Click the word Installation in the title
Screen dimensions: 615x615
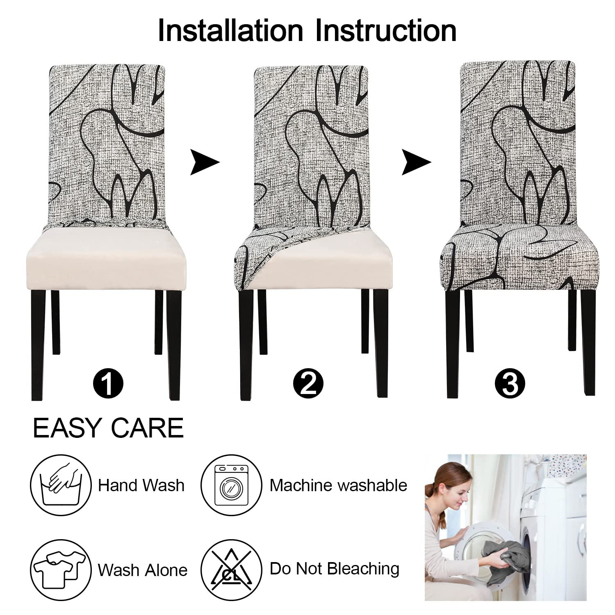point(230,30)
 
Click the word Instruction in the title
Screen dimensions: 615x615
point(385,30)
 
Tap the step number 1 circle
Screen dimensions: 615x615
point(108,383)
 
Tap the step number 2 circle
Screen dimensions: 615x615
point(308,383)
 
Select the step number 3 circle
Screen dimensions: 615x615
point(510,383)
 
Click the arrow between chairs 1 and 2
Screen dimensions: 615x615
point(204,162)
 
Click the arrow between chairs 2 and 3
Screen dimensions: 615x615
point(416,162)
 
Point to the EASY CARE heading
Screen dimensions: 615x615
point(108,428)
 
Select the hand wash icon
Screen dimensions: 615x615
point(61,485)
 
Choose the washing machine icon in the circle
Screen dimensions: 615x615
point(231,485)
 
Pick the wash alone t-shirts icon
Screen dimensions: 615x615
point(61,569)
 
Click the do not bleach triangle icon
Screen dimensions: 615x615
point(231,569)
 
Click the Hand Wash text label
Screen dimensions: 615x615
point(141,485)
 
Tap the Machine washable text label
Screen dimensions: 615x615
point(339,485)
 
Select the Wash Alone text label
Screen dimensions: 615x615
point(143,570)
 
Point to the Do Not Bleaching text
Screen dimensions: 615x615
point(335,569)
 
